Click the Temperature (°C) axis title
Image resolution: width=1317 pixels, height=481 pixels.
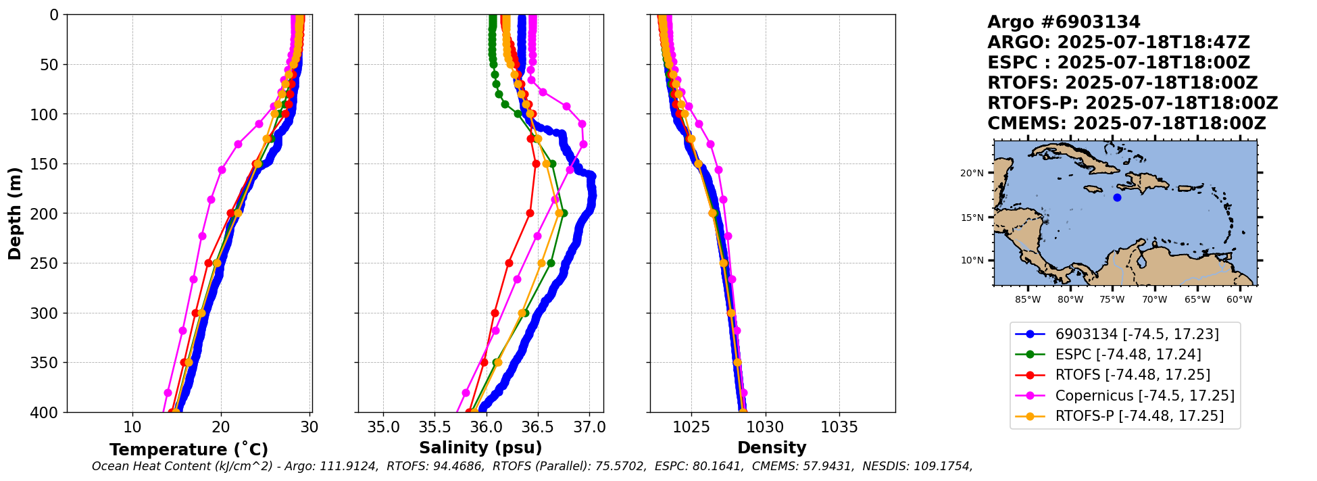click(189, 449)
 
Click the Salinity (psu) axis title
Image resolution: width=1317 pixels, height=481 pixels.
click(480, 448)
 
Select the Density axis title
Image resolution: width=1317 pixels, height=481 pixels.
click(772, 448)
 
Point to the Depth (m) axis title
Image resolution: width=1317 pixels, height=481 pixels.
click(15, 213)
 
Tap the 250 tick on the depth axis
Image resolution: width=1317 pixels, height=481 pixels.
click(47, 263)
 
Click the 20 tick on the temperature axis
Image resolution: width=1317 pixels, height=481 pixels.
click(221, 428)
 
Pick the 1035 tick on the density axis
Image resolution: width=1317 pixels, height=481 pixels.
click(839, 428)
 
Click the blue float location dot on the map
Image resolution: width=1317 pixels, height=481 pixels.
click(1117, 198)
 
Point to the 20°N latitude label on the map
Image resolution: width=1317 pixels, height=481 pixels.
click(972, 174)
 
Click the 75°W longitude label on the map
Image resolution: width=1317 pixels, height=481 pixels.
click(1112, 300)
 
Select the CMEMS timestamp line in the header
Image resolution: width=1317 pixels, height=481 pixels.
click(1126, 124)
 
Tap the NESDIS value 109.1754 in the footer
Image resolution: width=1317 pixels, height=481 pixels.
click(942, 466)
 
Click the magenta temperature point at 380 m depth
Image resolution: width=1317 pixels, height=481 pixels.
click(168, 393)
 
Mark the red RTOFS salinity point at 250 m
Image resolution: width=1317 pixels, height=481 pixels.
click(509, 263)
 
